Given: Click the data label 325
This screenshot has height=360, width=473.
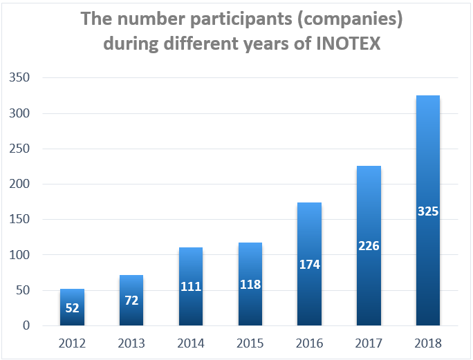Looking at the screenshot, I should pyautogui.click(x=428, y=211).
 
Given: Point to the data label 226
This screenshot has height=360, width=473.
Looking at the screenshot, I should pyautogui.click(x=369, y=245).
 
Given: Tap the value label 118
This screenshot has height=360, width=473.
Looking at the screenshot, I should pyautogui.click(x=250, y=284).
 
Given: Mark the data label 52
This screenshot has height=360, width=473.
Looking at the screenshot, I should pyautogui.click(x=72, y=307).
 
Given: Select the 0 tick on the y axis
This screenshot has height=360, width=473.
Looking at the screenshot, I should pyautogui.click(x=26, y=325).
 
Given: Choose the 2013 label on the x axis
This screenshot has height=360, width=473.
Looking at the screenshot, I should pyautogui.click(x=131, y=343).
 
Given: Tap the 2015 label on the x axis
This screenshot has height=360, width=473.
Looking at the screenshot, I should pyautogui.click(x=250, y=343).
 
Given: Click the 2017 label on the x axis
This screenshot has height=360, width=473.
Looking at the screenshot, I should pyautogui.click(x=369, y=343).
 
